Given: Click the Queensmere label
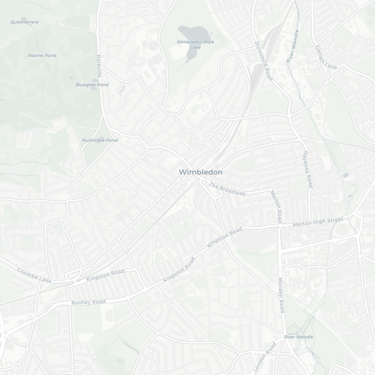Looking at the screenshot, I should [x=24, y=22].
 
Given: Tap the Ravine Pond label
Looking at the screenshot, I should [x=42, y=56].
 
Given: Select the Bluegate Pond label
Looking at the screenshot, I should [x=92, y=84].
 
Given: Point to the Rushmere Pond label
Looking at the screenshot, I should [x=100, y=140].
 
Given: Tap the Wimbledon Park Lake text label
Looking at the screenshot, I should [x=195, y=44].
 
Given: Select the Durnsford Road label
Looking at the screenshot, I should [x=264, y=61].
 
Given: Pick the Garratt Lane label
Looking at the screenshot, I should [x=326, y=58].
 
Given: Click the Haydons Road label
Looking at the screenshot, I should [x=308, y=168].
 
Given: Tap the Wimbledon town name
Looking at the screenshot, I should [x=200, y=172].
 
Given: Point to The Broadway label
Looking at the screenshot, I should [x=228, y=189].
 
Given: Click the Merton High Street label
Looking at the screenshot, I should [x=317, y=222].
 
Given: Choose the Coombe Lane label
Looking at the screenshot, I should [x=34, y=275].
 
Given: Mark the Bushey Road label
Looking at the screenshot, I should [x=88, y=302].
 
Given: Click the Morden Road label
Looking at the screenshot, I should [x=281, y=295].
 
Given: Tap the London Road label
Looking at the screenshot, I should [x=265, y=357].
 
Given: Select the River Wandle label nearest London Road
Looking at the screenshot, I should [x=298, y=337].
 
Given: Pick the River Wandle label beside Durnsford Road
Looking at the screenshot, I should [x=292, y=46].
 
